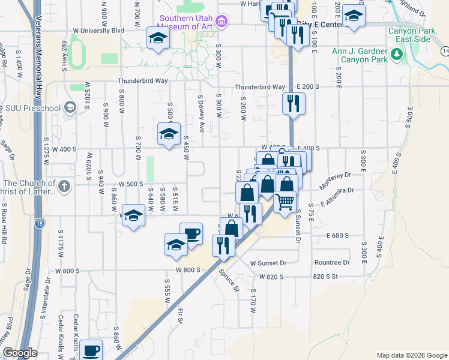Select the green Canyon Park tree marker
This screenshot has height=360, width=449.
tap(396, 55)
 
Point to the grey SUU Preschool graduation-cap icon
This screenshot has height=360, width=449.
tap(70, 108)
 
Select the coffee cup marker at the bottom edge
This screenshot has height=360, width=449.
tap(91, 350)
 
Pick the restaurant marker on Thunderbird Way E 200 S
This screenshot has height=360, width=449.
tap(294, 103)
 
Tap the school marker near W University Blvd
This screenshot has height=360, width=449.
tap(158, 39)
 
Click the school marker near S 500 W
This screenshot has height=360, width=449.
tap(169, 134)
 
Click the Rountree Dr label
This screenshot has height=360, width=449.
tap(332, 263)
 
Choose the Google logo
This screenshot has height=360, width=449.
tap(19, 353)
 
